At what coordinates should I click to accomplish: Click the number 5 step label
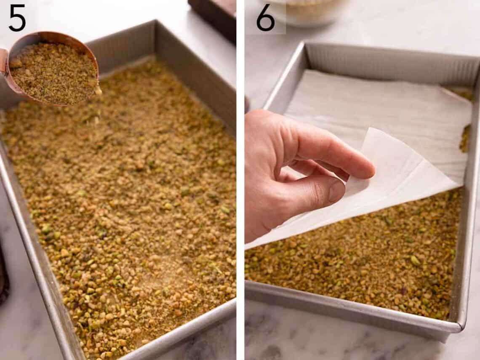17,19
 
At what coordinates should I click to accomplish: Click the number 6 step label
265,19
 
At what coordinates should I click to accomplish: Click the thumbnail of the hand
336,191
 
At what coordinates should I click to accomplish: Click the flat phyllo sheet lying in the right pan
379,109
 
